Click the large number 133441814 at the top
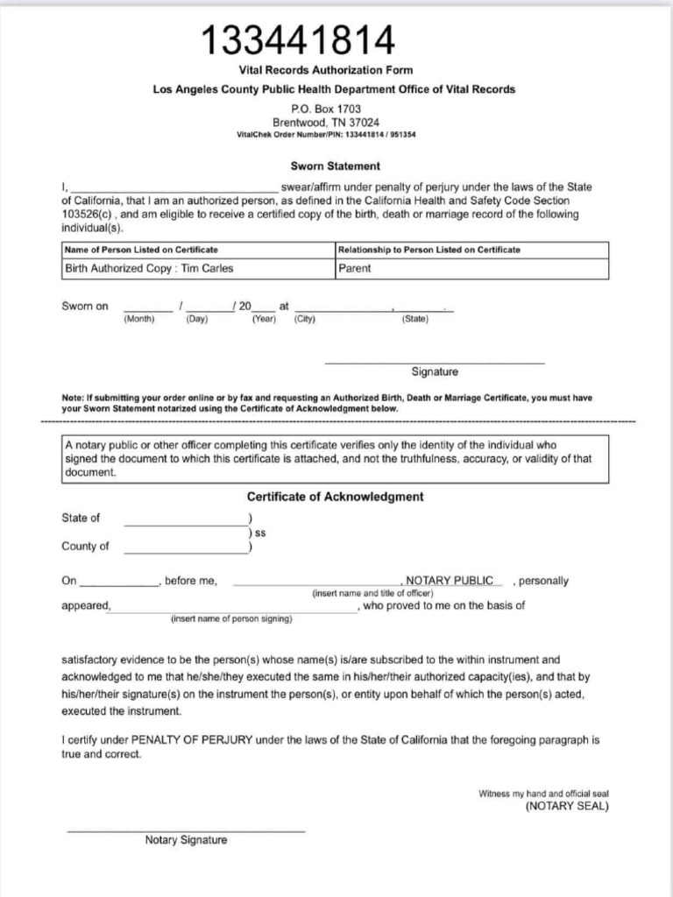pyautogui.click(x=298, y=39)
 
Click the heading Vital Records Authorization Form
pyautogui.click(x=325, y=70)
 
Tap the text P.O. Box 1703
pyautogui.click(x=324, y=109)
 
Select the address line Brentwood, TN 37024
pyautogui.click(x=324, y=123)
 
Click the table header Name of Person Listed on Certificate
pyautogui.click(x=141, y=250)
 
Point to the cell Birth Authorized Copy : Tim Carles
pyautogui.click(x=149, y=269)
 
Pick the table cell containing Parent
pyautogui.click(x=354, y=269)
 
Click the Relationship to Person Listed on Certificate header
pyautogui.click(x=429, y=250)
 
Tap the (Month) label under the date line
pyautogui.click(x=139, y=319)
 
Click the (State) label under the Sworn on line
pyautogui.click(x=414, y=319)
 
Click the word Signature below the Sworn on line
pyautogui.click(x=435, y=371)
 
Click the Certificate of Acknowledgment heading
pyautogui.click(x=335, y=497)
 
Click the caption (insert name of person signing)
pyautogui.click(x=231, y=619)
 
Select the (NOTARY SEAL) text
pyautogui.click(x=566, y=807)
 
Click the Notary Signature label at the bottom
pyautogui.click(x=186, y=840)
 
